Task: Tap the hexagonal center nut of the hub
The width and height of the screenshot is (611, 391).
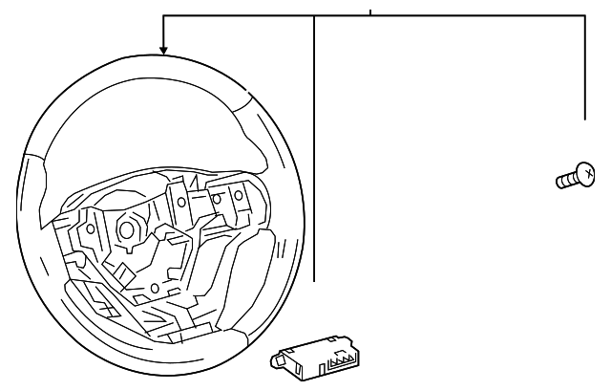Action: tap(124, 231)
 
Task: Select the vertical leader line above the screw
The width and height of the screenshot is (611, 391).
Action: tap(585, 67)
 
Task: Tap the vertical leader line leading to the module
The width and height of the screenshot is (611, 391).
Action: tap(314, 143)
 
